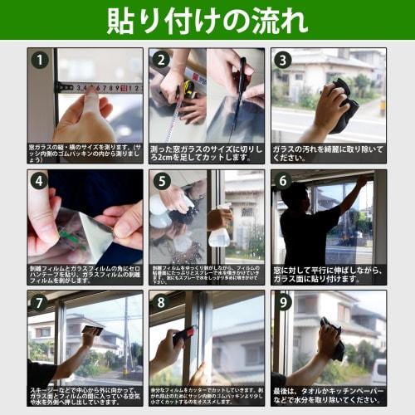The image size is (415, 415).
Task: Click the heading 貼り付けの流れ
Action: coord(207,20)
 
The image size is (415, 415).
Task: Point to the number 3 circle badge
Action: coord(283,60)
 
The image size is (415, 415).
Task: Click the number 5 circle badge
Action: coord(162,181)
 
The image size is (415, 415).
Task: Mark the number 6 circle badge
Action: coord(283,181)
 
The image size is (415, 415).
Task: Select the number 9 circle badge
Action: coord(283,303)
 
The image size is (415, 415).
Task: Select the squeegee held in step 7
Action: coord(92,330)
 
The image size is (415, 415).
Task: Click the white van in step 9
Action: coord(378,371)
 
